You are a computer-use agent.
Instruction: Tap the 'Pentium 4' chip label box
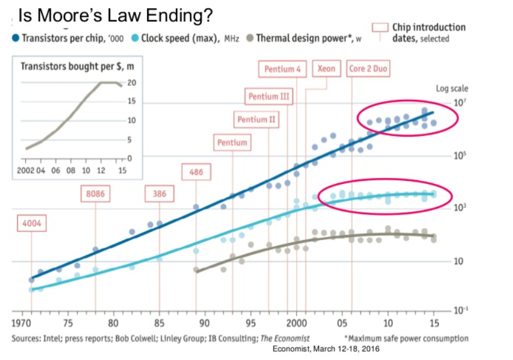pos(283,69)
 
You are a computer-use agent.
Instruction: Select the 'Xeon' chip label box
pos(326,69)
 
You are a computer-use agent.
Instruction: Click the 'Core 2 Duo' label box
pos(368,69)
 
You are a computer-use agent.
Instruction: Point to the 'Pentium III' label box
pos(270,96)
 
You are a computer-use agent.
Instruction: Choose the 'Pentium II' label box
pos(256,120)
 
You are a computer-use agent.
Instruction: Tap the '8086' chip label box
pos(95,194)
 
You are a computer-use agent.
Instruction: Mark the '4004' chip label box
pos(31,225)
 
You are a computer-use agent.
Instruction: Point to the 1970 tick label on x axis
pos(24,324)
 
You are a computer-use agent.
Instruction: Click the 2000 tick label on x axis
pos(296,324)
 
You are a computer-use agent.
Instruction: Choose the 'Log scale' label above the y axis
pos(452,89)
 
